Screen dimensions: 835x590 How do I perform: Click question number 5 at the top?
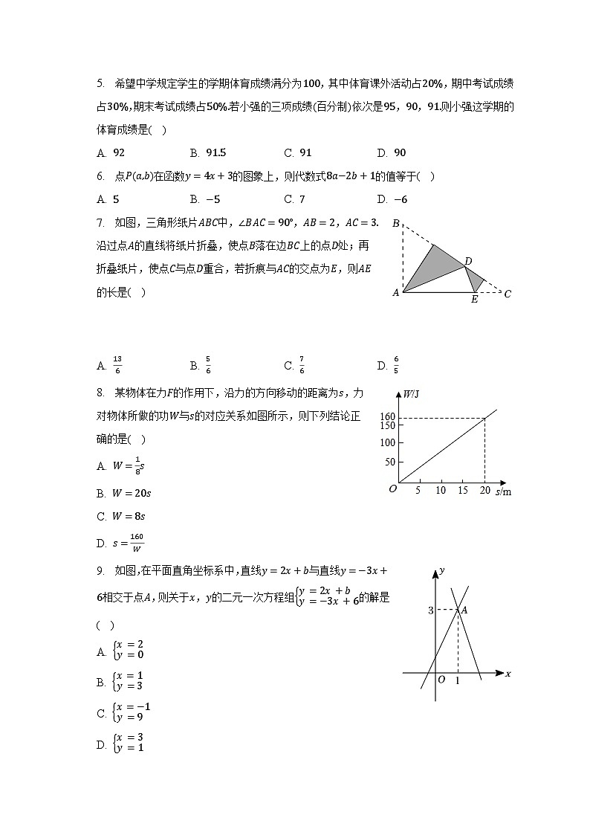(100, 84)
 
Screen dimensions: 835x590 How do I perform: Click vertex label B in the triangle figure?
(396, 223)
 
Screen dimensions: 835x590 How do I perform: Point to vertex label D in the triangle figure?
(468, 261)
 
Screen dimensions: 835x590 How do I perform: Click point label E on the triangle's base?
(474, 300)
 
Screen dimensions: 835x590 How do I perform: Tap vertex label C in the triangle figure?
(508, 294)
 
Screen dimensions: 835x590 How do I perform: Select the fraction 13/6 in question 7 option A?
(117, 365)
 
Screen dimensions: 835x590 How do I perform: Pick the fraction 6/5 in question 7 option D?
(396, 365)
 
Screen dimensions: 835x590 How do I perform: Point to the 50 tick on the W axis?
(389, 462)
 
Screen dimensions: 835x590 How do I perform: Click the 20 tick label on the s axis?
(484, 491)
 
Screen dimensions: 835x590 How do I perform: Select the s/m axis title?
(503, 491)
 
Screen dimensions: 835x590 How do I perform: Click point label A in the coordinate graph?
(464, 610)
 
